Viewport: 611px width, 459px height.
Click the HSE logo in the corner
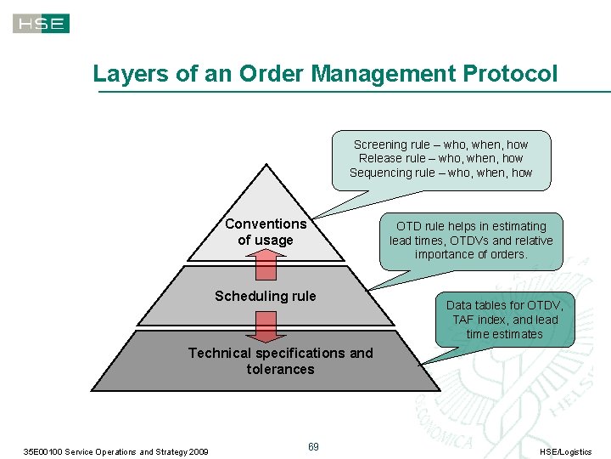[x=42, y=24]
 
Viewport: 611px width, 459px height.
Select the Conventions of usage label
[x=266, y=232]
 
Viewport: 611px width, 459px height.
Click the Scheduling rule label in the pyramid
[x=265, y=296]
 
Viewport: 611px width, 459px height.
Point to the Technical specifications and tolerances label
[x=280, y=360]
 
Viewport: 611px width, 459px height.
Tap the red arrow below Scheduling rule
[x=266, y=327]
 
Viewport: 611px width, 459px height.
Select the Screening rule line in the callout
[x=440, y=144]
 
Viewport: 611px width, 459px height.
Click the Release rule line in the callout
[x=440, y=158]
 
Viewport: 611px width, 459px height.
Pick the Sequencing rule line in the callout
[x=440, y=173]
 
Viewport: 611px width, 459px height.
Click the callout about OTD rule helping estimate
[x=471, y=240]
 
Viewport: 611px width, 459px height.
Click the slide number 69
[x=313, y=447]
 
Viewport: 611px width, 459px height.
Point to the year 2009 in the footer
[x=197, y=451]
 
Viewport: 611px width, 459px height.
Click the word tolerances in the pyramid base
[x=280, y=369]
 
